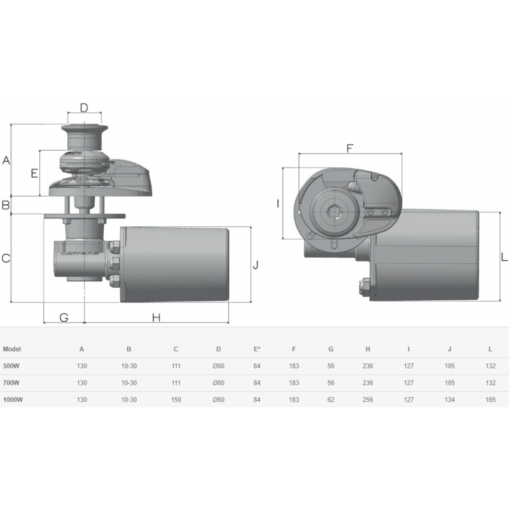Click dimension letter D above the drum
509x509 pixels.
[84, 108]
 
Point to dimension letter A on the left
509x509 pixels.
[6, 160]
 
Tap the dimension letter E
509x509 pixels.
[34, 174]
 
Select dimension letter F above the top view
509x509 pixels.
[349, 148]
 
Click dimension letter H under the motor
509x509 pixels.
[156, 317]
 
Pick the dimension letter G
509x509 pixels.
[64, 317]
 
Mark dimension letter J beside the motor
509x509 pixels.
[256, 265]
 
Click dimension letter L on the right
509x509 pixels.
[504, 258]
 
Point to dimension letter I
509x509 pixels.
[278, 204]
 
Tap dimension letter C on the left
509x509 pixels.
[6, 258]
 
